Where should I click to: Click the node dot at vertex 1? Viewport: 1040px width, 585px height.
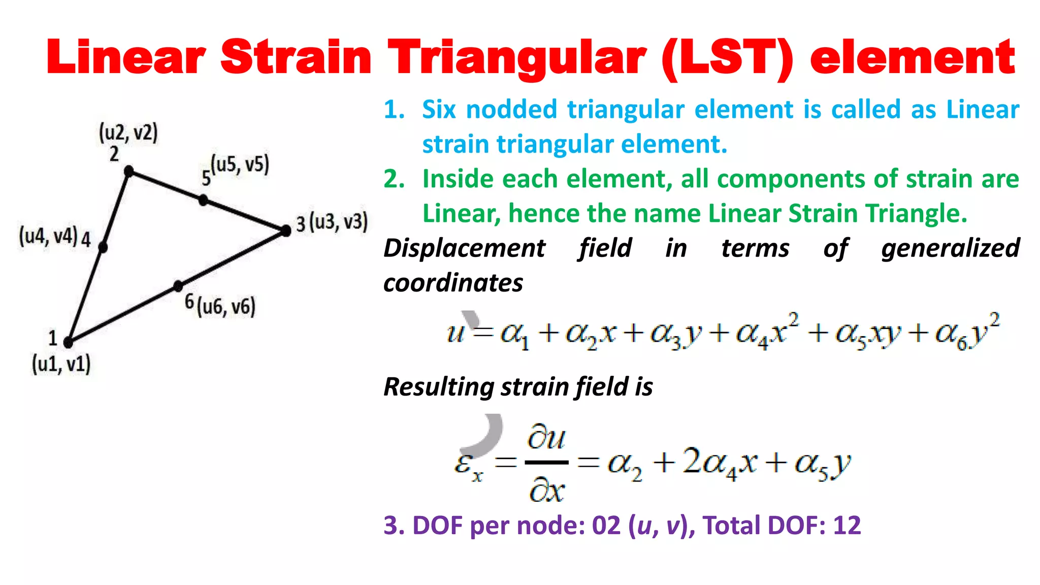(69, 343)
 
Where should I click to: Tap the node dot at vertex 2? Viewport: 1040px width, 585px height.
(129, 171)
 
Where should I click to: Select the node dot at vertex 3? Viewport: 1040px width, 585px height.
(286, 231)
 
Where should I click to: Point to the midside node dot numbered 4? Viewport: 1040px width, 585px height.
(103, 247)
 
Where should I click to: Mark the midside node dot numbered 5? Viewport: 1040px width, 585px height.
(203, 200)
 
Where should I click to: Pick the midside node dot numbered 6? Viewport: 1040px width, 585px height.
(178, 286)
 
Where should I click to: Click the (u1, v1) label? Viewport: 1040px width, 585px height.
(61, 364)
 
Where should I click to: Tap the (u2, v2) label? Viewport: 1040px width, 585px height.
(128, 133)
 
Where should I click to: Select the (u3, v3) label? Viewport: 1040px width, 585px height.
(339, 222)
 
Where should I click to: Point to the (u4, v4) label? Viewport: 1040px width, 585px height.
(48, 237)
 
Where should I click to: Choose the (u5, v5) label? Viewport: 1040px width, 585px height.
(240, 165)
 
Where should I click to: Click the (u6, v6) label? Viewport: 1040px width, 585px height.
(226, 307)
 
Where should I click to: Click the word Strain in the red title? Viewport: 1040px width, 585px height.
(296, 57)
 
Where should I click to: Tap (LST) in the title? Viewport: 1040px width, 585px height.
(727, 58)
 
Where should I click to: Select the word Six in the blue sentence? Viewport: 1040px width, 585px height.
(439, 109)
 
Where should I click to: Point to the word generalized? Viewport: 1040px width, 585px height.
(950, 249)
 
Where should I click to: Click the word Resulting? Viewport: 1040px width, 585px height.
(438, 387)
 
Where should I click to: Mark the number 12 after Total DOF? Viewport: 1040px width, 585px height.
(847, 526)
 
